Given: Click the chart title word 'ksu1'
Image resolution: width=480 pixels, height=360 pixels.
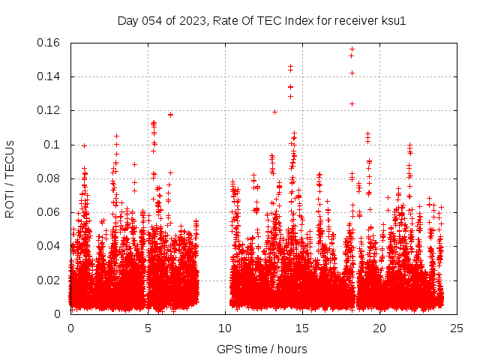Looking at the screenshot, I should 394,20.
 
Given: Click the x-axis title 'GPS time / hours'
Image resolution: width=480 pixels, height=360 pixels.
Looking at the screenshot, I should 262,349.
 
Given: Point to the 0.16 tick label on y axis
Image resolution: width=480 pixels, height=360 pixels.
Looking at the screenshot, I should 49,43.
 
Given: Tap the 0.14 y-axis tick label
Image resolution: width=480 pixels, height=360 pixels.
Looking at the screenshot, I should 49,76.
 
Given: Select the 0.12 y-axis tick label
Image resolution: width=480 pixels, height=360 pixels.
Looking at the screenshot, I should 49,110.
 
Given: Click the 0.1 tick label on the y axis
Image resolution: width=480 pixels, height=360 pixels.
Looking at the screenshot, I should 52,145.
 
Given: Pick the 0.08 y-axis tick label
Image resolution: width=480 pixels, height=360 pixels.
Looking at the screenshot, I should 49,178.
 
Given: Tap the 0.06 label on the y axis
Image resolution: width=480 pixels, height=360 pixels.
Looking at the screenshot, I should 49,212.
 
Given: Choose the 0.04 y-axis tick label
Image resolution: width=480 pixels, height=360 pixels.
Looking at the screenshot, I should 49,246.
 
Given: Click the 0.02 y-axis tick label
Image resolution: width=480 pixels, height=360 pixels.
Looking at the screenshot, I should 49,280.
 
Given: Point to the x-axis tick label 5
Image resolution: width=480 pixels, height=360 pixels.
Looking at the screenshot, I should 148,328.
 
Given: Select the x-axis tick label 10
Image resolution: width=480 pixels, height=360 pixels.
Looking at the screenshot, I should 225,328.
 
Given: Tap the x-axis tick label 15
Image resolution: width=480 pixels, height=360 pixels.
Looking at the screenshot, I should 302,328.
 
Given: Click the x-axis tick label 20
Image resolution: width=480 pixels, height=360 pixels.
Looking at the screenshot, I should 379,328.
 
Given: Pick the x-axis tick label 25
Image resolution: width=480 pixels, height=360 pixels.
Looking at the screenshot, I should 457,328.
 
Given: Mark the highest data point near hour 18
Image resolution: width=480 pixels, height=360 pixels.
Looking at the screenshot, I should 352,49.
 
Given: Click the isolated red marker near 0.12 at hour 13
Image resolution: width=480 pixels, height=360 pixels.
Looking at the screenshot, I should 274,112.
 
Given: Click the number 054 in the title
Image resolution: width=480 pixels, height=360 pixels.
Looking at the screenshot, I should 151,20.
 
